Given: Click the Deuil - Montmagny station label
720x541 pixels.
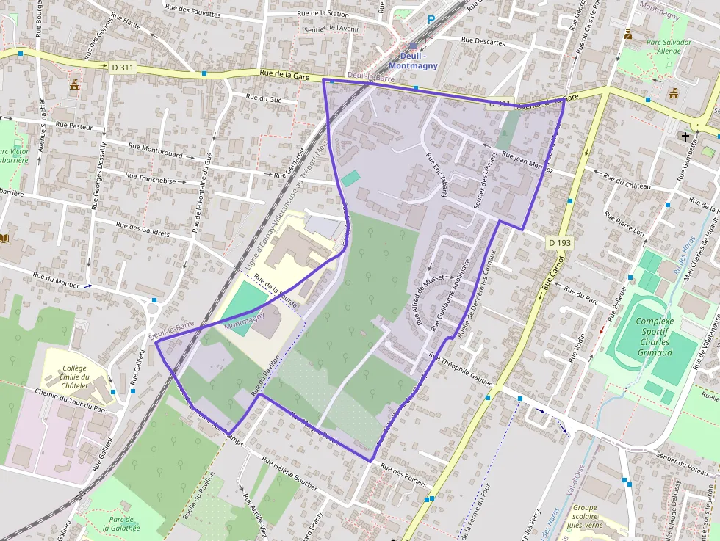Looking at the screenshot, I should coord(418,61).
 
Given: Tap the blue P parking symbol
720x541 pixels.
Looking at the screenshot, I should coord(431,21).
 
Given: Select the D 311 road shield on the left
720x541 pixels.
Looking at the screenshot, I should coord(123,67).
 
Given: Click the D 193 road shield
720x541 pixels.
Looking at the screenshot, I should coord(559,242).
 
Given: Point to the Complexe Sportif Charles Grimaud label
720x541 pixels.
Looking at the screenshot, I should coord(654,337).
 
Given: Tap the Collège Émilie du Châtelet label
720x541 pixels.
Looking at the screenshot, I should coord(75,377).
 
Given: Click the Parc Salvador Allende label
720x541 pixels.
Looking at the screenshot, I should coord(669,47).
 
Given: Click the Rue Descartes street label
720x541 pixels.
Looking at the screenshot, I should coord(483,42).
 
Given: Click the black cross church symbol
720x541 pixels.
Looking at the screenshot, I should coord(685,136).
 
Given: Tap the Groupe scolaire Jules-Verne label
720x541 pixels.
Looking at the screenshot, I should coord(586,518).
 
